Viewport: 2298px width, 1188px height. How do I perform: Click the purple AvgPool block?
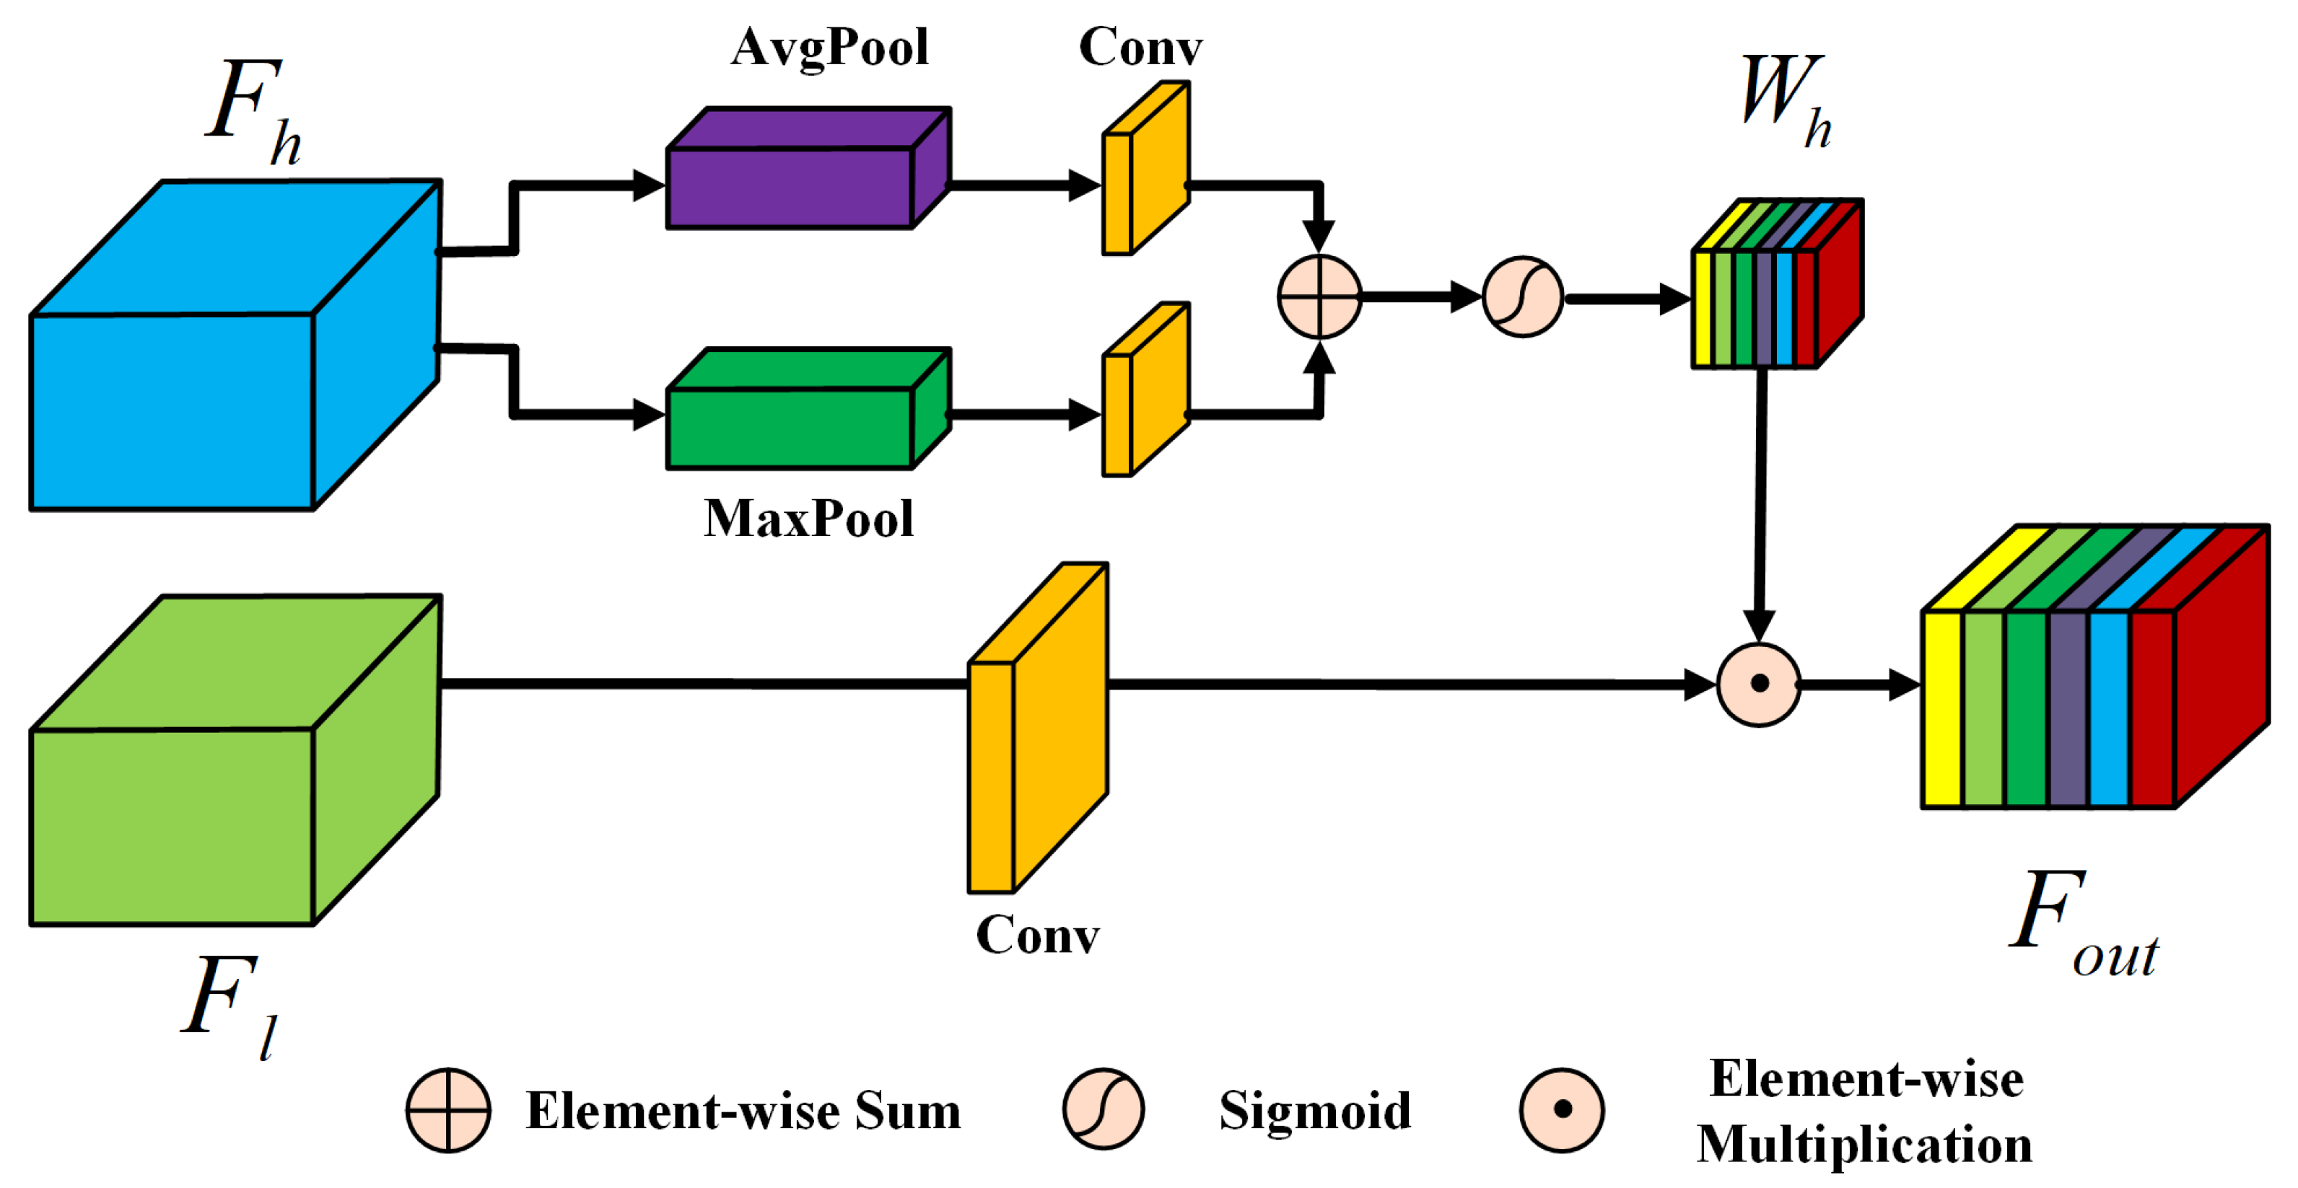coord(790,188)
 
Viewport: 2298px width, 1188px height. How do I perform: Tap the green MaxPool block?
coord(790,426)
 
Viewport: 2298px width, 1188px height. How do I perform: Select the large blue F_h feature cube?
coord(173,410)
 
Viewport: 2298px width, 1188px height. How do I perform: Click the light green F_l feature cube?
coord(173,825)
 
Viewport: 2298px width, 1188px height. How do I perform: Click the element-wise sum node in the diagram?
coord(1319,297)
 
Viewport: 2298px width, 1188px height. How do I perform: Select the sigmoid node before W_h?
coord(1522,297)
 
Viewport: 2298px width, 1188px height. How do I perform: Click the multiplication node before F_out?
coord(1758,684)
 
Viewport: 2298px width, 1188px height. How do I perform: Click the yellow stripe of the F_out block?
coord(1941,709)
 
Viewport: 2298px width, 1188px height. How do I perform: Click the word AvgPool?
coord(830,48)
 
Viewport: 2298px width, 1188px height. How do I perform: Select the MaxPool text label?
coord(808,519)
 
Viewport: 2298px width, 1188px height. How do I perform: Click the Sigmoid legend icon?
coord(1103,1109)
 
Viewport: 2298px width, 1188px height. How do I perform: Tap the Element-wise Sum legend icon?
coord(447,1109)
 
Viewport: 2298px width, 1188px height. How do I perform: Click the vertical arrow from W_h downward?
coord(1760,499)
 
